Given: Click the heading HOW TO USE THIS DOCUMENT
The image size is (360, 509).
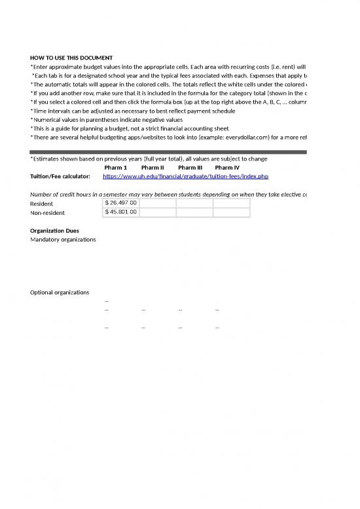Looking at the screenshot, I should point(71,58).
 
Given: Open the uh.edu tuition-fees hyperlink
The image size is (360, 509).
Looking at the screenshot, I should point(186,176).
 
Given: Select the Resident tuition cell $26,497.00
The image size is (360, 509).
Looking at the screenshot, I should point(121,203).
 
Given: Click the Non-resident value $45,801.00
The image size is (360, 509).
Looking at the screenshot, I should point(121,212).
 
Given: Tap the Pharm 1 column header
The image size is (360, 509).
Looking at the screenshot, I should point(116,168).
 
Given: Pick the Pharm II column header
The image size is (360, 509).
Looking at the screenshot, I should point(153,168).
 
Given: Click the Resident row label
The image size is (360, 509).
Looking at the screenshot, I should point(43,204).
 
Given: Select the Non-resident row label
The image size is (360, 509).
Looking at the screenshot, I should point(48,213).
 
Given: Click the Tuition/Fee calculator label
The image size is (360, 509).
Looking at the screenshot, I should point(60,177).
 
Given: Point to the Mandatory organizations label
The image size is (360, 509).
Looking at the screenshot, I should point(63,240).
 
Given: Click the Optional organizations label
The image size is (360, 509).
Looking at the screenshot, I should point(60,292).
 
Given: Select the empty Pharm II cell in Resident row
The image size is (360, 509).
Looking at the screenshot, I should point(158,203).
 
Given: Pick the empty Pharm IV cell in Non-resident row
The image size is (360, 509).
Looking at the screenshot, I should point(232,212).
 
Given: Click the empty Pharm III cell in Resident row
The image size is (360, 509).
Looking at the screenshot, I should point(194,203).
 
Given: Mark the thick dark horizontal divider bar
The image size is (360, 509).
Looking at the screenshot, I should point(169,152).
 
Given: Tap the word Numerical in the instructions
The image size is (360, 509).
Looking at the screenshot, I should point(47,120).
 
